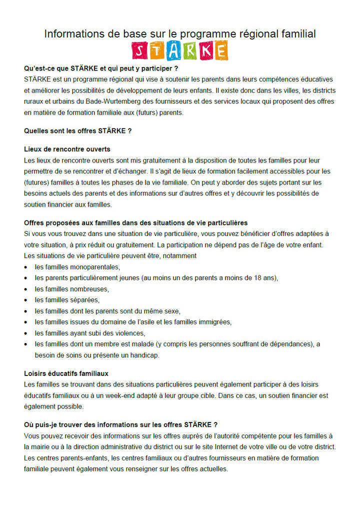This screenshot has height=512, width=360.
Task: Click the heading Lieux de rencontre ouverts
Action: coord(67,149)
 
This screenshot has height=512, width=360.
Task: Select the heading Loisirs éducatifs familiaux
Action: coord(66,373)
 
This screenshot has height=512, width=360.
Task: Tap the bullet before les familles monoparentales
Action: coord(26,267)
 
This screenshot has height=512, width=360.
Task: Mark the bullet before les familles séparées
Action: coord(26,300)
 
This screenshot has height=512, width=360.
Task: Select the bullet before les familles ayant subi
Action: coord(26,333)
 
